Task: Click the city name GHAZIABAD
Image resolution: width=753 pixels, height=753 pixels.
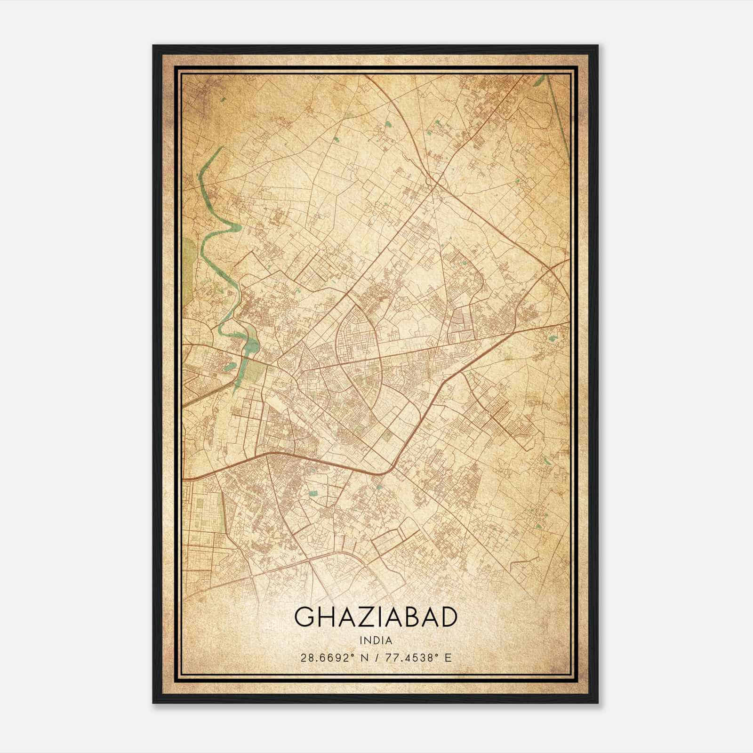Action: [376, 617]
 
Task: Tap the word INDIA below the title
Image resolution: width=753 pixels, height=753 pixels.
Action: [376, 640]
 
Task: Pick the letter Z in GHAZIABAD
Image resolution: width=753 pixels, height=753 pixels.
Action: [363, 617]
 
